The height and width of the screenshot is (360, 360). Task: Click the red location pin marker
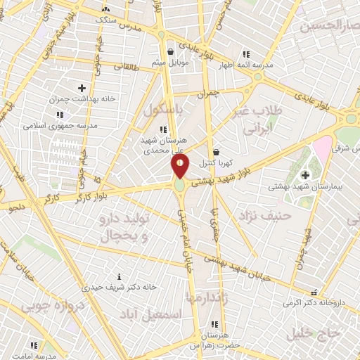click(181, 166)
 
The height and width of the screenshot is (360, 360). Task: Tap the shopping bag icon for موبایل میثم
click(171, 51)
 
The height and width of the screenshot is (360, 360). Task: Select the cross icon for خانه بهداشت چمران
click(82, 88)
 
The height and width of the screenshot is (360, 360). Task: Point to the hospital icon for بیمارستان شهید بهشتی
click(305, 175)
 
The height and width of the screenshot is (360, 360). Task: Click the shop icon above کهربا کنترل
click(216, 151)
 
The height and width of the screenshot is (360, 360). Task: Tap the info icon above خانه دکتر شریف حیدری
click(119, 276)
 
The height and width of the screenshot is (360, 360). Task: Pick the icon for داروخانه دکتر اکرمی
click(314, 292)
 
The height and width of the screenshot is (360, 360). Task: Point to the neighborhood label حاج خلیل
click(320, 333)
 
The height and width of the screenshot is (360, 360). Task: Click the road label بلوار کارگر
click(77, 195)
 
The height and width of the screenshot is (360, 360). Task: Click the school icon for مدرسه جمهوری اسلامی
click(59, 115)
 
